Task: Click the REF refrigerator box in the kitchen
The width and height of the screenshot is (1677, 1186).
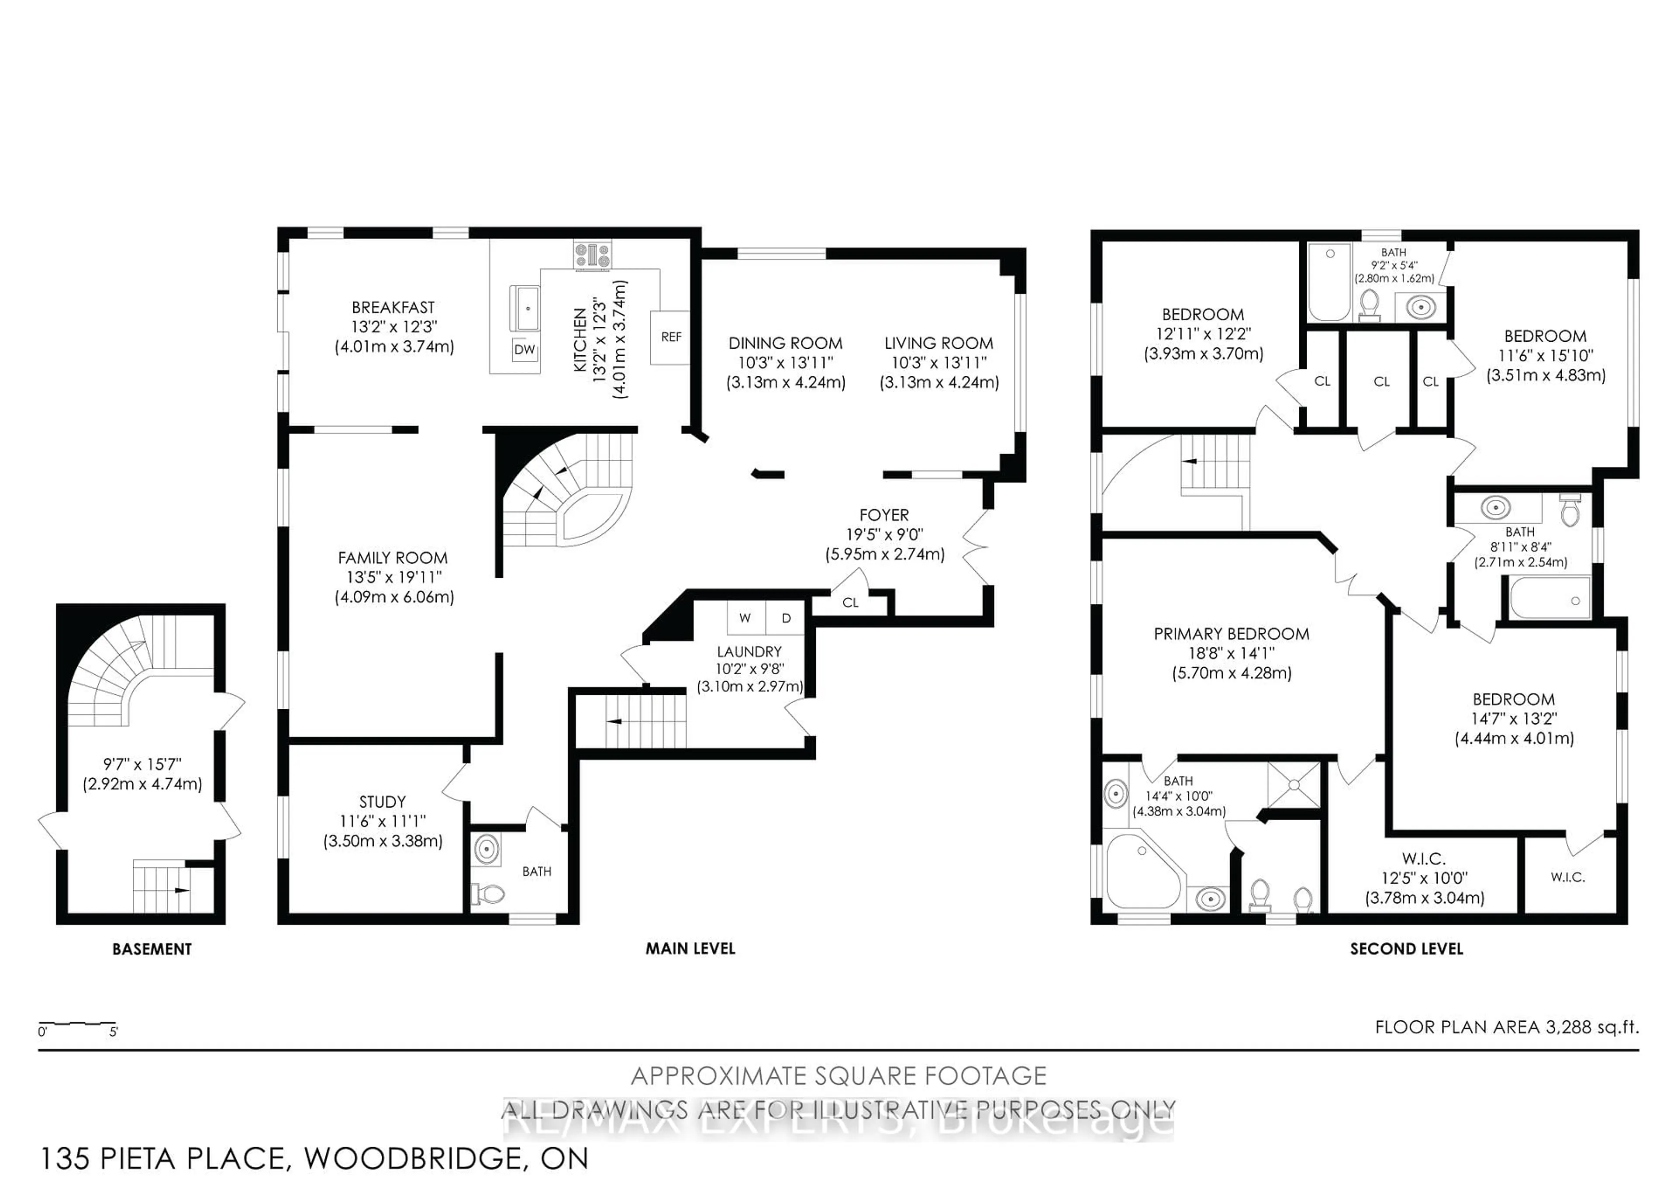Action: point(670,337)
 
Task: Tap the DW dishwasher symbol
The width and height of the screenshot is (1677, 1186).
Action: point(524,349)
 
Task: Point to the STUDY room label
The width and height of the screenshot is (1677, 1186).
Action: point(382,801)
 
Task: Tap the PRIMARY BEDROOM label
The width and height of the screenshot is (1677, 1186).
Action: point(1232,634)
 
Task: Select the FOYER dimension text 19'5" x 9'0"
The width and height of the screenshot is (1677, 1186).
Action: point(884,534)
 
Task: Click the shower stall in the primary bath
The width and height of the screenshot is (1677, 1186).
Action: point(1294,785)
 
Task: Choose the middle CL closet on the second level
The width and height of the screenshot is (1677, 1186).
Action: point(1381,381)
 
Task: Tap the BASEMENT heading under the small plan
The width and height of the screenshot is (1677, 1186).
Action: point(152,949)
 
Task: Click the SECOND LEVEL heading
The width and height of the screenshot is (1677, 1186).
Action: point(1406,949)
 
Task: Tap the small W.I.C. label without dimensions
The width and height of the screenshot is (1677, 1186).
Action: point(1567,877)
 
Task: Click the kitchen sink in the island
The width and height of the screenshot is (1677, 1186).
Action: point(528,309)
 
